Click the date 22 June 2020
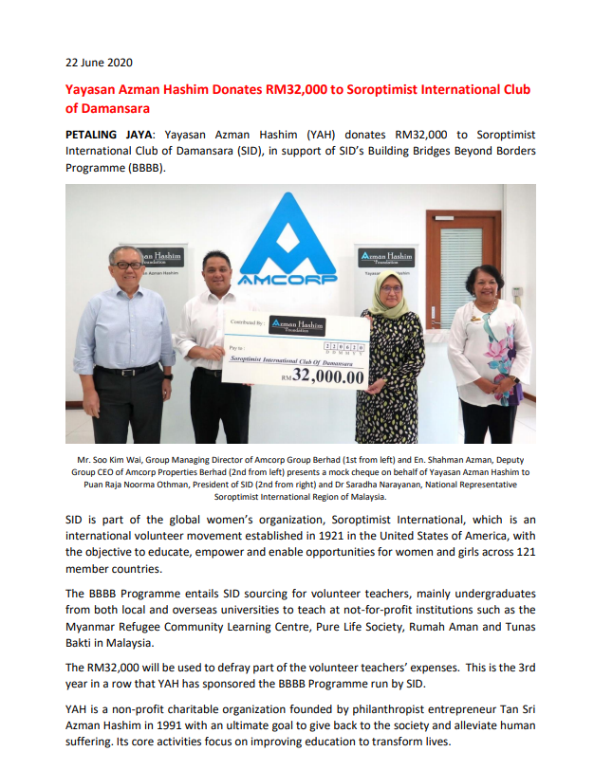99,64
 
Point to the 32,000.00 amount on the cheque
327,376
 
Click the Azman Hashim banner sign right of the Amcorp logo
386,258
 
